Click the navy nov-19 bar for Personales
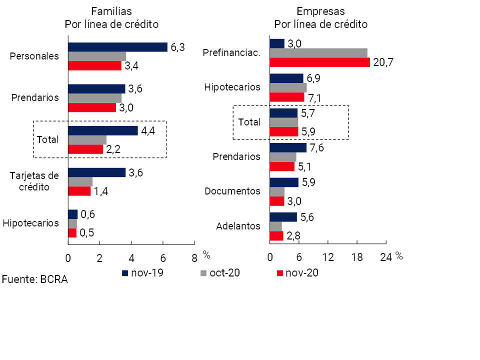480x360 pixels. pyautogui.click(x=117, y=47)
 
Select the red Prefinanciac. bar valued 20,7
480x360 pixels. pyautogui.click(x=319, y=62)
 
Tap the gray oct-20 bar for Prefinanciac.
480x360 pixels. pyautogui.click(x=318, y=53)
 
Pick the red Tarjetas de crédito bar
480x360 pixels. pyautogui.click(x=79, y=191)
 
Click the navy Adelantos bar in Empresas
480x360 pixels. pyautogui.click(x=283, y=217)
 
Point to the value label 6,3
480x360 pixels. pyautogui.click(x=178, y=47)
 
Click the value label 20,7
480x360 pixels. pyautogui.click(x=383, y=62)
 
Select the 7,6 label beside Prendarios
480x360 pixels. pyautogui.click(x=317, y=147)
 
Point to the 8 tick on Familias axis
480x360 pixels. pyautogui.click(x=194, y=258)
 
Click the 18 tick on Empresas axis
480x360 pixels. pyautogui.click(x=356, y=258)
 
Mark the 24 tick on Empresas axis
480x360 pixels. pyautogui.click(x=385, y=258)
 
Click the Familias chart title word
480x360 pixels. pyautogui.click(x=111, y=11)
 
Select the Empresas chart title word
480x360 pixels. pyautogui.click(x=320, y=11)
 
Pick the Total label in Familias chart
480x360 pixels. pyautogui.click(x=48, y=139)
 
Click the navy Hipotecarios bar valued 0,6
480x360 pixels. pyautogui.click(x=73, y=214)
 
